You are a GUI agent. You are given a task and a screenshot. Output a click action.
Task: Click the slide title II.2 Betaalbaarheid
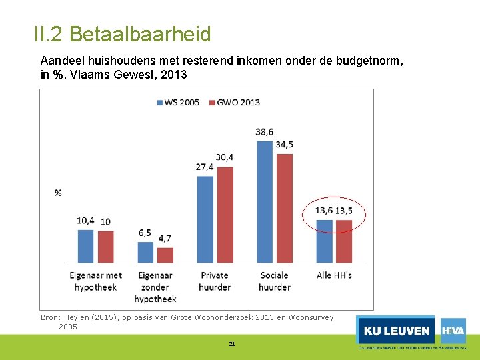tap(122, 34)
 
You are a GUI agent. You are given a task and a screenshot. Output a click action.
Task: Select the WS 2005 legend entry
tap(178, 102)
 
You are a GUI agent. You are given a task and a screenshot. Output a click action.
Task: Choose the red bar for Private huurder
tap(225, 214)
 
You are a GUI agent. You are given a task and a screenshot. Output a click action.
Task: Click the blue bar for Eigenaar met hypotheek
tap(86, 246)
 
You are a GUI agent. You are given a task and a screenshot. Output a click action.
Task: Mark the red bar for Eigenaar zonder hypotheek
tap(165, 255)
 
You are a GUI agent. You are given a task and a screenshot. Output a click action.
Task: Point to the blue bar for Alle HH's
tap(324, 241)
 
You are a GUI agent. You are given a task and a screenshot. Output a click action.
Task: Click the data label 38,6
tap(265, 132)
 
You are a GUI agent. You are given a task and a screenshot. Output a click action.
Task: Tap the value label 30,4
tap(225, 157)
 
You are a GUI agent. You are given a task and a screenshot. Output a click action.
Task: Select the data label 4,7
tap(165, 238)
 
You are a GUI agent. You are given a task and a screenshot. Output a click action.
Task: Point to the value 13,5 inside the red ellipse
tap(344, 211)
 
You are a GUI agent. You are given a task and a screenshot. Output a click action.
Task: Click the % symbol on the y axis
tap(58, 193)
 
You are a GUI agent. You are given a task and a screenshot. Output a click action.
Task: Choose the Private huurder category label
tap(215, 281)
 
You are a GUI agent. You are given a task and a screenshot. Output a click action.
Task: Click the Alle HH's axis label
tap(334, 275)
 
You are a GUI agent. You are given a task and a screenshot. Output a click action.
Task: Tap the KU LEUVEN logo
tap(396, 331)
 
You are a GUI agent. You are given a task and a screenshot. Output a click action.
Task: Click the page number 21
tap(232, 344)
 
